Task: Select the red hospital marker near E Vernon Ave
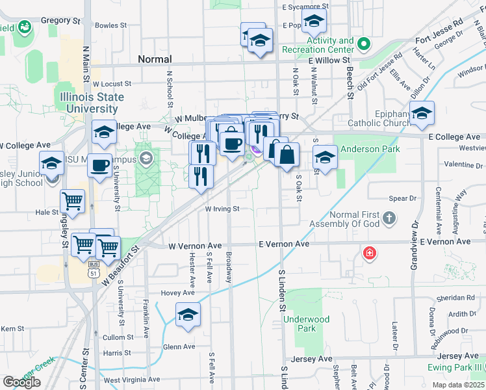click(370, 252)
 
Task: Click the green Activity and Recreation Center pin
click(363, 45)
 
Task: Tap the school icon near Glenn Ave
click(188, 315)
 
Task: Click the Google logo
click(21, 382)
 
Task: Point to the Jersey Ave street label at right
click(458, 357)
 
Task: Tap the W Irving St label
click(223, 209)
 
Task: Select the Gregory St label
click(60, 21)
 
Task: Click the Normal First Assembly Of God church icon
click(389, 218)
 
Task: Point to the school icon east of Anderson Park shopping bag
click(325, 157)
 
